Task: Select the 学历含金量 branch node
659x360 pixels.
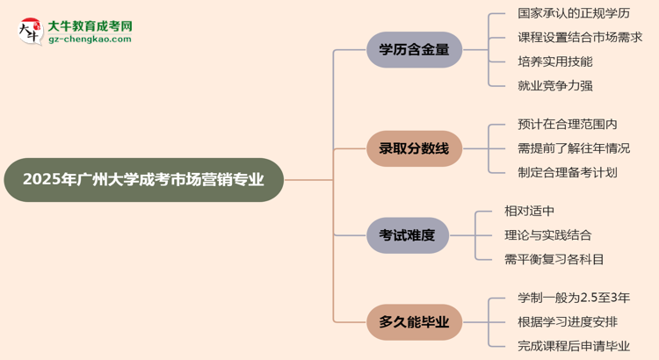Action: coord(414,50)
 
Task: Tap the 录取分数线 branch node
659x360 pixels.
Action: coord(414,148)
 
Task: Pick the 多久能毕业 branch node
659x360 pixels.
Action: coord(414,322)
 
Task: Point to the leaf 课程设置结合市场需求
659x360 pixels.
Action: coord(580,38)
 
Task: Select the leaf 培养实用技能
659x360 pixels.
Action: coord(555,61)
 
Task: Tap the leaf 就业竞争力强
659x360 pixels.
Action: coord(555,85)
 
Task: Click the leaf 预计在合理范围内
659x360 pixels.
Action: coord(568,125)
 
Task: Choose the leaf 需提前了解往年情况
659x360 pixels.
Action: coord(574,148)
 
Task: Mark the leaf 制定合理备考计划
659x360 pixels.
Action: coord(568,172)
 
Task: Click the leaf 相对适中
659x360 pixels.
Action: coord(529,211)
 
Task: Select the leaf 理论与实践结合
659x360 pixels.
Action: coord(547,234)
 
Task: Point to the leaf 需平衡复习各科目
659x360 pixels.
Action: coord(554,258)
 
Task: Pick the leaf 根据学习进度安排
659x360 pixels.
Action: coord(568,322)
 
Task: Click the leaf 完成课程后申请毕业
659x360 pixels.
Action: coord(574,346)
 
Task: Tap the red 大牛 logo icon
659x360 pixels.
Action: coord(29,32)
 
